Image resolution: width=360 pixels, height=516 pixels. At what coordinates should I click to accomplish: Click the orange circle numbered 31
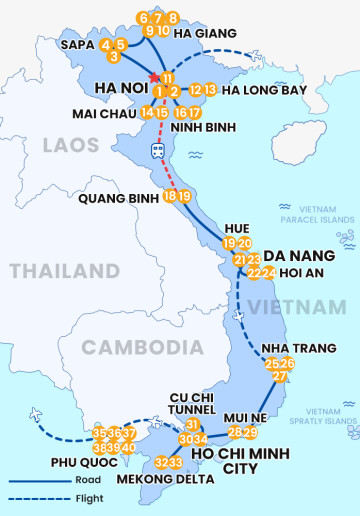193,425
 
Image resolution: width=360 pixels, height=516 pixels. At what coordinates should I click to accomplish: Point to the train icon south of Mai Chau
158,150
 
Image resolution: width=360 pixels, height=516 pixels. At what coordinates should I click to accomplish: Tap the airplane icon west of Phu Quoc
37,414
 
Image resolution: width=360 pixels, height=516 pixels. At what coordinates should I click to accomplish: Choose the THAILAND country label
64,271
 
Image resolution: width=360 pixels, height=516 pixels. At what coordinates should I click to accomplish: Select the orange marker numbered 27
280,377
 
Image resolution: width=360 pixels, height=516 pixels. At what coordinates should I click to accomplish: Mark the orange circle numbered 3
114,57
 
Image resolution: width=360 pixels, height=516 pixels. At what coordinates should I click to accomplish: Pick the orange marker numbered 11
167,79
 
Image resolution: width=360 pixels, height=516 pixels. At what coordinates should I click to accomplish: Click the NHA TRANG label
292,348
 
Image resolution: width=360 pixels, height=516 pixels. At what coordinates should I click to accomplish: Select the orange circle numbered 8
173,18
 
